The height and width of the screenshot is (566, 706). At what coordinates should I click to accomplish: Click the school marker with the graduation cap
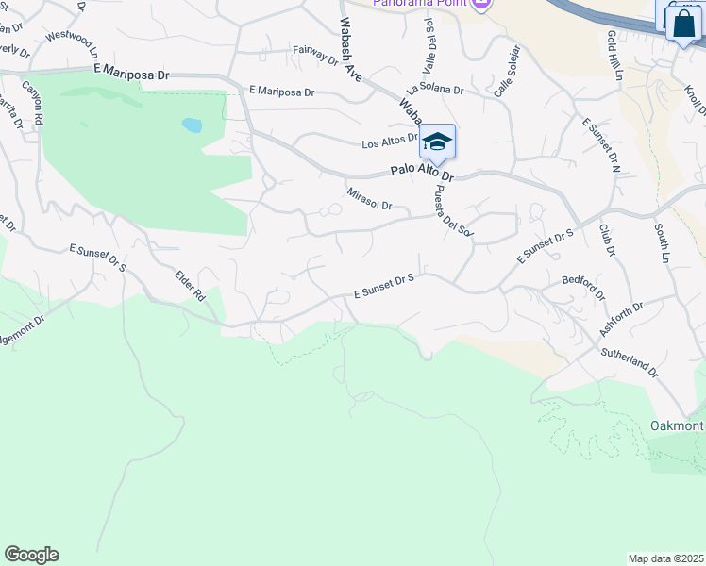(437, 142)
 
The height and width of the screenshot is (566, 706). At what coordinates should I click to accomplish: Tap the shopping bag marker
(683, 25)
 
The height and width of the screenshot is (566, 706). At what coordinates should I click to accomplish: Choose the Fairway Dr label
(315, 56)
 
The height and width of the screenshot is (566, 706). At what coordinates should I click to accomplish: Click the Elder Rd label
(190, 286)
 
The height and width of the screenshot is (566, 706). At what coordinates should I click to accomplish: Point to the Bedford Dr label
(583, 287)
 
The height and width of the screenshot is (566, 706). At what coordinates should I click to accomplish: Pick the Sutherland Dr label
(630, 362)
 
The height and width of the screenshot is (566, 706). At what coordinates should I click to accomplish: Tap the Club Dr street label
(606, 240)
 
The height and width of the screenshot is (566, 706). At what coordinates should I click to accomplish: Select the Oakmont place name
(677, 425)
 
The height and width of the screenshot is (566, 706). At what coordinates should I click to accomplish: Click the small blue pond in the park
(192, 125)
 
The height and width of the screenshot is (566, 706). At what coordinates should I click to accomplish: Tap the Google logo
(31, 555)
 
